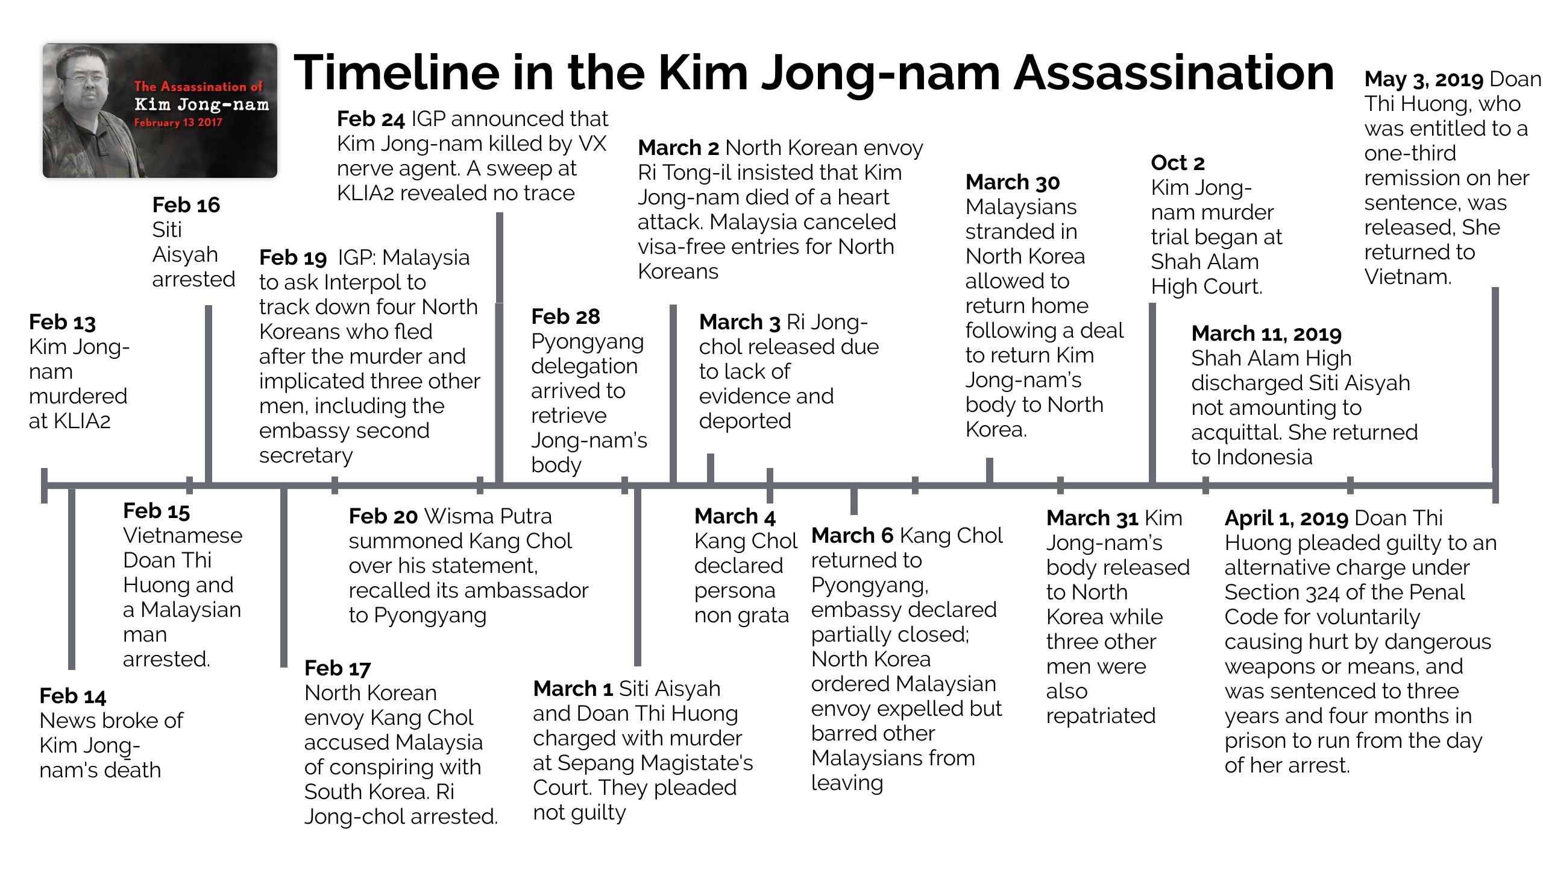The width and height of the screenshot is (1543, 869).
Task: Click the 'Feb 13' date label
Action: (62, 322)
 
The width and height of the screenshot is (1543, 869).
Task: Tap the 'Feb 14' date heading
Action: (72, 696)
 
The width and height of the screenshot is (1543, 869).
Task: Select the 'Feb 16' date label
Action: (186, 205)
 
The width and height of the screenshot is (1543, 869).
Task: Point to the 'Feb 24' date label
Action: (370, 119)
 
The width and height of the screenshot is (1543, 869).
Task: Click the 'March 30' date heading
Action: (1013, 182)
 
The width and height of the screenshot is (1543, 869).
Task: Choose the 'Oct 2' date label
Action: (1177, 163)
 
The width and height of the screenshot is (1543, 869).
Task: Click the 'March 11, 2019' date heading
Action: (1266, 333)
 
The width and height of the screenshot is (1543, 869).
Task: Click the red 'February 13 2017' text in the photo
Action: (178, 122)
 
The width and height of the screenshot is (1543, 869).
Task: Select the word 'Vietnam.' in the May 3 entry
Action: (1408, 277)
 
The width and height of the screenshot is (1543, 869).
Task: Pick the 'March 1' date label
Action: (573, 689)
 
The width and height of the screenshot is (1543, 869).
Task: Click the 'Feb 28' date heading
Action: (565, 317)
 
